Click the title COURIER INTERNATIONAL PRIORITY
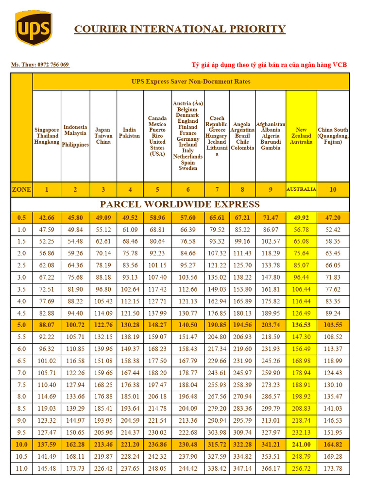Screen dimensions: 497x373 click(x=180, y=29)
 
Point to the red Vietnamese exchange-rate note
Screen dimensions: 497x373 click(x=269, y=65)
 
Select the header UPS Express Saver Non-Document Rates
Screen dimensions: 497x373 click(x=191, y=82)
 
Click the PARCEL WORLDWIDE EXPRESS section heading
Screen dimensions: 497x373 click(x=180, y=204)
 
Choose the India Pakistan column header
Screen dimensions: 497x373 click(x=129, y=133)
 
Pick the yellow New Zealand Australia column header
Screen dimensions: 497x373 click(x=301, y=136)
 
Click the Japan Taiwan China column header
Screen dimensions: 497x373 click(x=103, y=136)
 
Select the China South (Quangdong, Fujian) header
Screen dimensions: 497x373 click(x=333, y=136)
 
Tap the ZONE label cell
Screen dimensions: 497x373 click(x=21, y=189)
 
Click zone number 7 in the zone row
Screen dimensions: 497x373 click(x=217, y=189)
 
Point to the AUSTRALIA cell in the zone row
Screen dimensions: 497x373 click(x=301, y=189)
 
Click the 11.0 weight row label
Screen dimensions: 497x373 click(x=21, y=468)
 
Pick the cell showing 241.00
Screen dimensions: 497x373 click(x=301, y=445)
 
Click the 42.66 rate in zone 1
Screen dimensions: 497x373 click(x=47, y=218)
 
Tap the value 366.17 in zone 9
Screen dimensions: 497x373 click(x=271, y=468)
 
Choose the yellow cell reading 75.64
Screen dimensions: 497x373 click(x=301, y=253)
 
